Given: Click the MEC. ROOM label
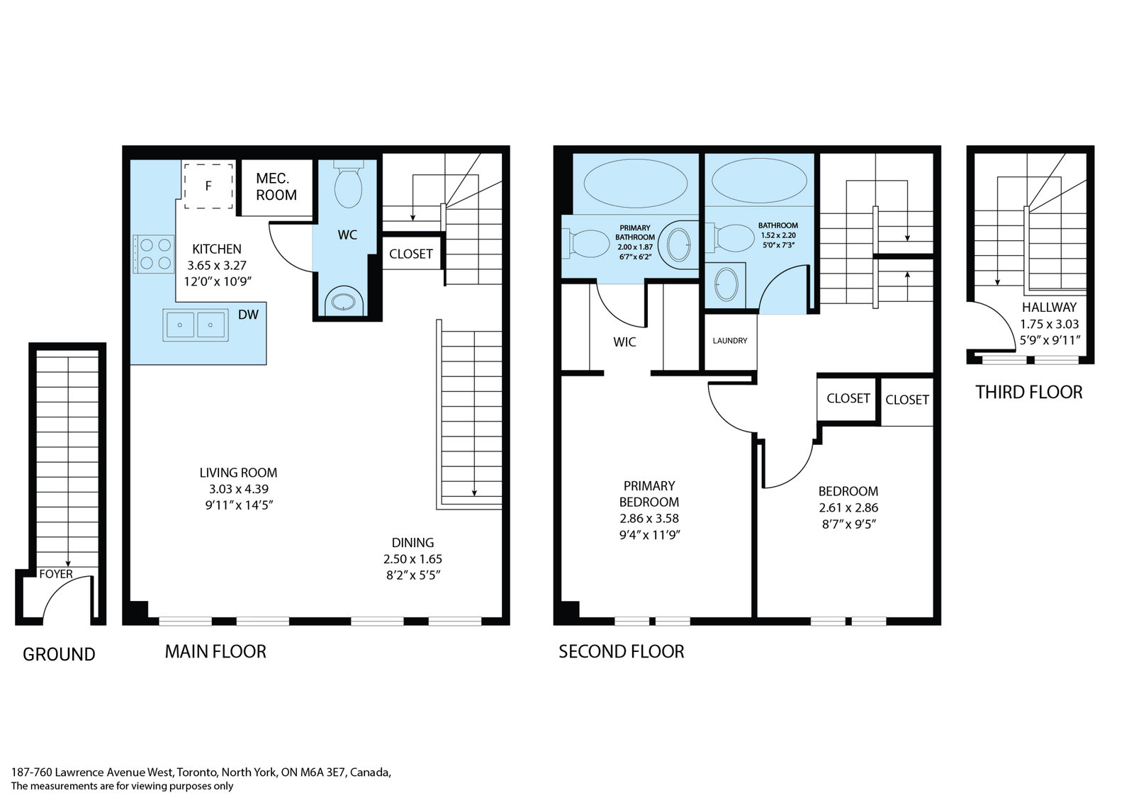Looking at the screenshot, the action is (x=276, y=186).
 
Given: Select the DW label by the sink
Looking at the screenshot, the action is (x=248, y=315).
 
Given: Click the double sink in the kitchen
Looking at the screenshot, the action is (x=196, y=325).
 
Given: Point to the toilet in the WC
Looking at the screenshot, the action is (x=348, y=185).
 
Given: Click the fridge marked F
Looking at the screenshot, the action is (x=208, y=186).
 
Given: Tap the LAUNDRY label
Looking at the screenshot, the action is (x=730, y=341).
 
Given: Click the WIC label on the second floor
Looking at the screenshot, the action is (x=624, y=342).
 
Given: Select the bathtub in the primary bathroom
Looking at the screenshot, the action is (x=635, y=184).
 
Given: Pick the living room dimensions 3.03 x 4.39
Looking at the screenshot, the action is (x=239, y=489).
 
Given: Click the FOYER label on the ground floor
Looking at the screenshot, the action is (x=56, y=574).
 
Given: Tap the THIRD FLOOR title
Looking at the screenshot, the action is (x=1028, y=393).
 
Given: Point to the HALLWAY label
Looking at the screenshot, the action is (x=1049, y=308).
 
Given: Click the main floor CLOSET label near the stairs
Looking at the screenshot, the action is (x=410, y=254).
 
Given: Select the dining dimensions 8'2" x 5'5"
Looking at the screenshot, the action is (x=413, y=575).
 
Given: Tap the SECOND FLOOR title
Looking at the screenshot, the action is (x=621, y=651).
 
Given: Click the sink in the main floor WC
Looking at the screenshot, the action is (x=344, y=302).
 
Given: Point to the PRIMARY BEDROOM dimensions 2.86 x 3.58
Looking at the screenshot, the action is (x=649, y=519).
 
